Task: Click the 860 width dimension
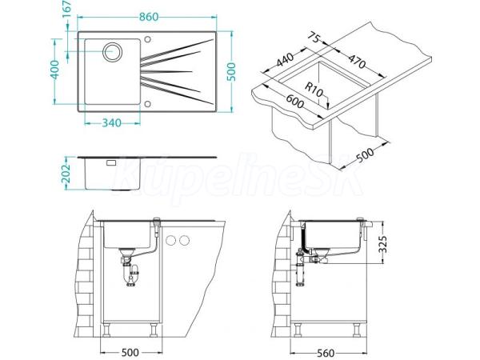(x=149, y=17)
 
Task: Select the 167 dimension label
(x=66, y=10)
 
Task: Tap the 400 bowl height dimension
(x=54, y=70)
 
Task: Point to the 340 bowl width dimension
(x=111, y=123)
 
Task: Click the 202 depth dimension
(x=66, y=174)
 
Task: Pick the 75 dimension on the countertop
(x=313, y=39)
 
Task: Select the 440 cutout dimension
(x=285, y=59)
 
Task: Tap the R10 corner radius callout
(x=314, y=90)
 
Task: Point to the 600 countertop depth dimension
(x=294, y=102)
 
